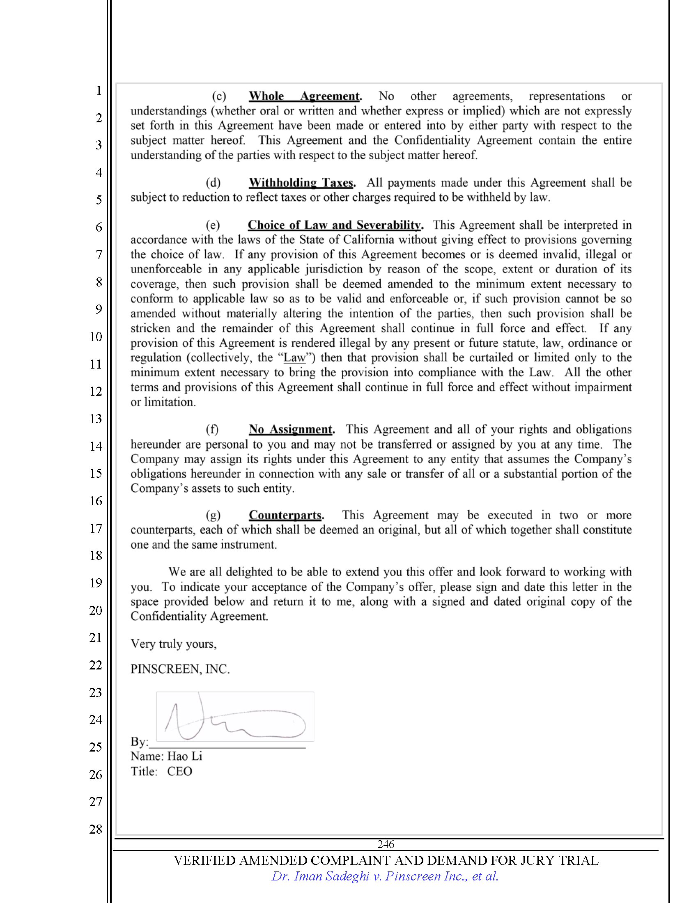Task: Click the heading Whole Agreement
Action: pos(305,96)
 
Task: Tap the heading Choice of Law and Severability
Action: pos(335,225)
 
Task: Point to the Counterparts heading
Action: pos(286,515)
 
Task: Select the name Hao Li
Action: pos(184,756)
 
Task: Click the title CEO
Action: pos(179,772)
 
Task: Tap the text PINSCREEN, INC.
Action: pos(180,669)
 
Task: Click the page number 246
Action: pos(386,844)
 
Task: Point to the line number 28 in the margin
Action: pos(96,829)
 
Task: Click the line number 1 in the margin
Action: pos(99,90)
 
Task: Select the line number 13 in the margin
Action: pos(96,419)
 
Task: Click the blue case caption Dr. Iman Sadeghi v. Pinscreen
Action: pos(385,876)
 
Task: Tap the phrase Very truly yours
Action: pos(173,644)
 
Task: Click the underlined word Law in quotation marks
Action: pos(294,358)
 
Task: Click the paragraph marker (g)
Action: pos(213,515)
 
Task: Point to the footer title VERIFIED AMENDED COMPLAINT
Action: pos(386,860)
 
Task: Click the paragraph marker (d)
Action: pos(213,183)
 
